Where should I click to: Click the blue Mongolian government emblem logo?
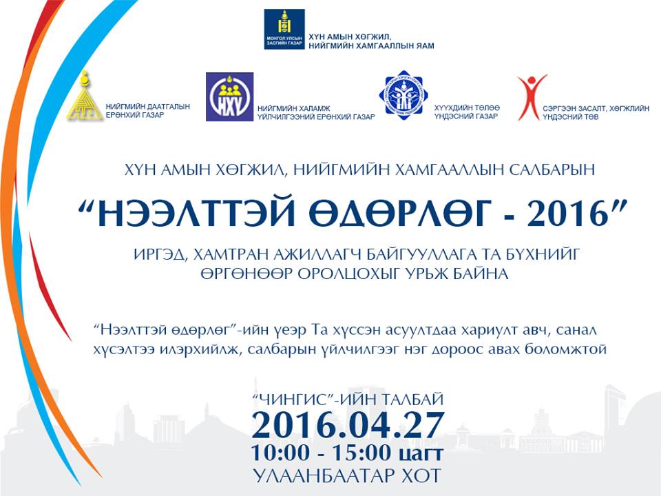click(x=284, y=29)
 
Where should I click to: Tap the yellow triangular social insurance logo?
click(x=85, y=96)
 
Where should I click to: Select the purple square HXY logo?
click(x=230, y=96)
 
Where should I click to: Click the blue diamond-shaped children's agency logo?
click(x=403, y=95)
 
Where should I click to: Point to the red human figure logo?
click(x=530, y=97)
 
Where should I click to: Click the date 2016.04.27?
click(x=348, y=424)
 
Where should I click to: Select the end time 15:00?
click(x=361, y=453)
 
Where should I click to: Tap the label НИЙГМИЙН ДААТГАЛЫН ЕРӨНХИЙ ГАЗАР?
click(x=147, y=110)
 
